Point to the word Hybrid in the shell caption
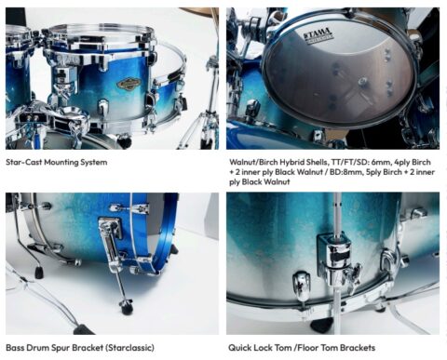[302, 162]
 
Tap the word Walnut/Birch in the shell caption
[256, 162]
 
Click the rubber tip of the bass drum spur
[126, 308]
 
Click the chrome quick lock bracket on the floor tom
[333, 256]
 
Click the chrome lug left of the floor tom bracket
[300, 284]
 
